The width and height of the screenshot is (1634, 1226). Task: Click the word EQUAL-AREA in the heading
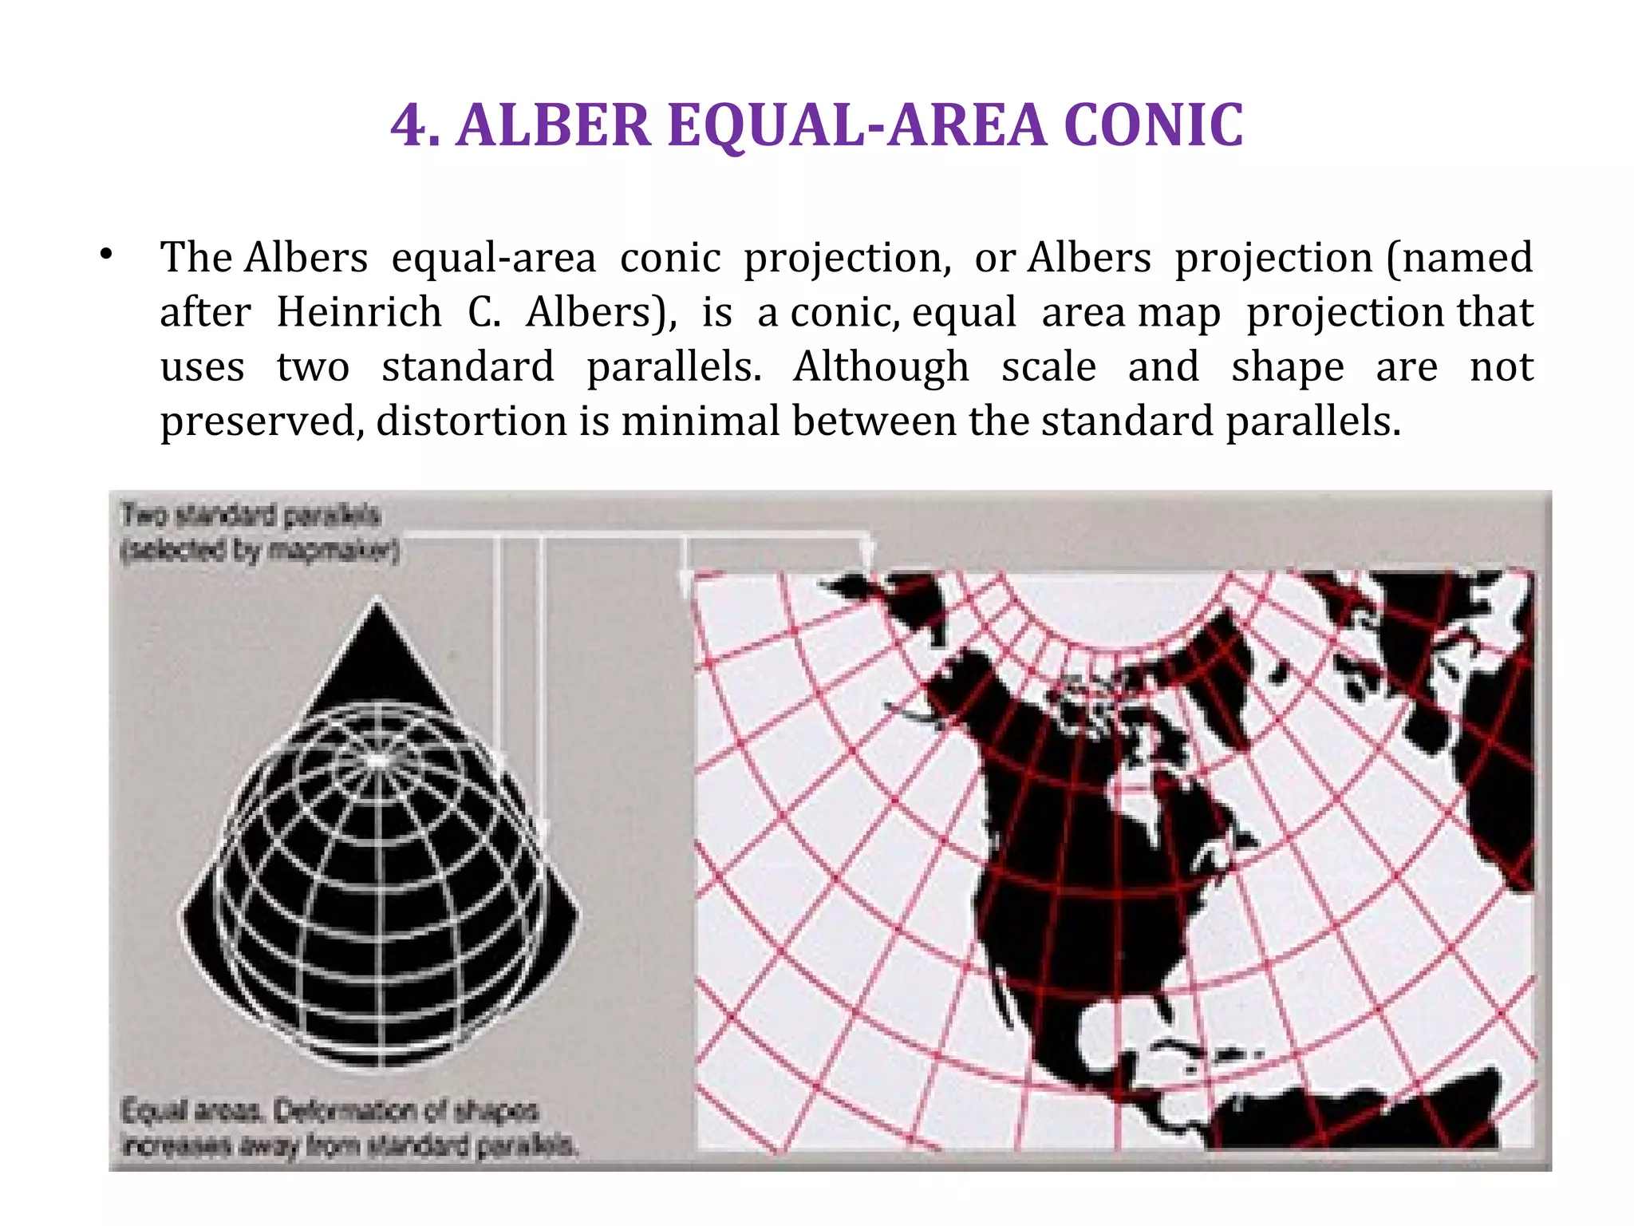click(857, 126)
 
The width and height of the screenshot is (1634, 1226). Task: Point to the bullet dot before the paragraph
click(106, 255)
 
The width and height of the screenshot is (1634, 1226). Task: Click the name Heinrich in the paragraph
click(358, 312)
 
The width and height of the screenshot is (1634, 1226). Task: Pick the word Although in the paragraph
click(881, 367)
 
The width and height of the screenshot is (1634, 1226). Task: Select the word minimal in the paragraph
click(700, 421)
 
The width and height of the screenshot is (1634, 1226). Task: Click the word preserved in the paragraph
click(257, 422)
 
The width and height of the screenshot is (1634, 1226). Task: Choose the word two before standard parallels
click(313, 367)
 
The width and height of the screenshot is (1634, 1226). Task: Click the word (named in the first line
click(1459, 258)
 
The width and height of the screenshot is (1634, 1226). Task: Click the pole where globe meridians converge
click(378, 759)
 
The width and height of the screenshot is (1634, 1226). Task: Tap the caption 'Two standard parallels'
click(250, 515)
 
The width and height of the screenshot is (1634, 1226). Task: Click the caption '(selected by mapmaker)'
click(259, 551)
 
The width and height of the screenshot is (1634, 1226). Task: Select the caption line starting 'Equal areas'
click(330, 1110)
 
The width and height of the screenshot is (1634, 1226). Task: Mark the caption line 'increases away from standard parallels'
click(349, 1145)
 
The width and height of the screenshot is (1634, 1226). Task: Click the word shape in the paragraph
click(1287, 367)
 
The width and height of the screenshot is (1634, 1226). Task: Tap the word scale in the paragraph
click(1048, 367)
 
